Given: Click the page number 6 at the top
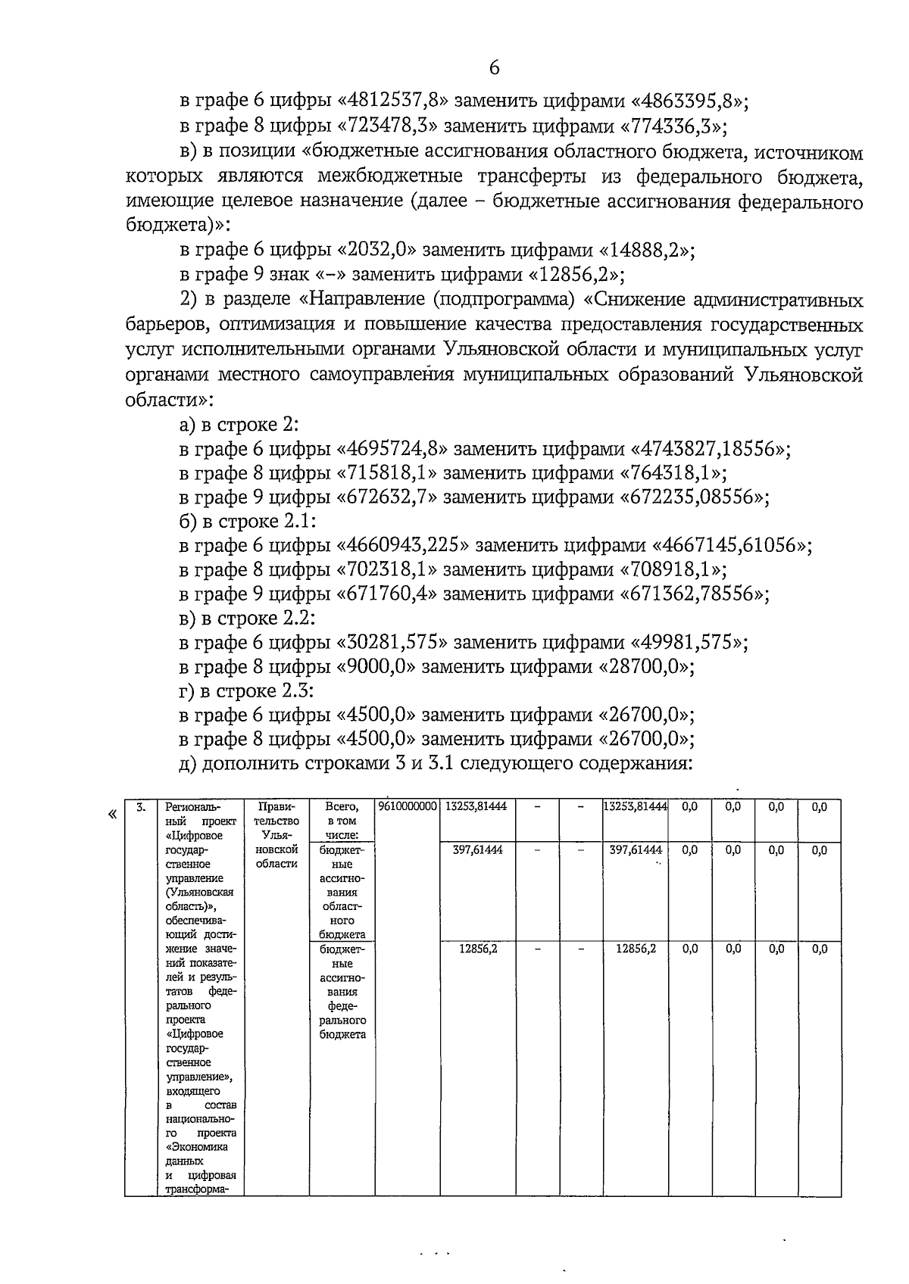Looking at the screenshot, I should coord(494,68).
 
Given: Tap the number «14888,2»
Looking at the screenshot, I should coord(646,251).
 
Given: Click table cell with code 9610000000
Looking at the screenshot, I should coord(407,808).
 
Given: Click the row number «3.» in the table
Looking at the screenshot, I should coord(141,807).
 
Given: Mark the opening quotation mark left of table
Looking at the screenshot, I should coord(113,815).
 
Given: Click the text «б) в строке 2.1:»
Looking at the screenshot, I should coord(247,522).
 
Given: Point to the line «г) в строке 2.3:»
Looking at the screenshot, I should coord(247,692).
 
